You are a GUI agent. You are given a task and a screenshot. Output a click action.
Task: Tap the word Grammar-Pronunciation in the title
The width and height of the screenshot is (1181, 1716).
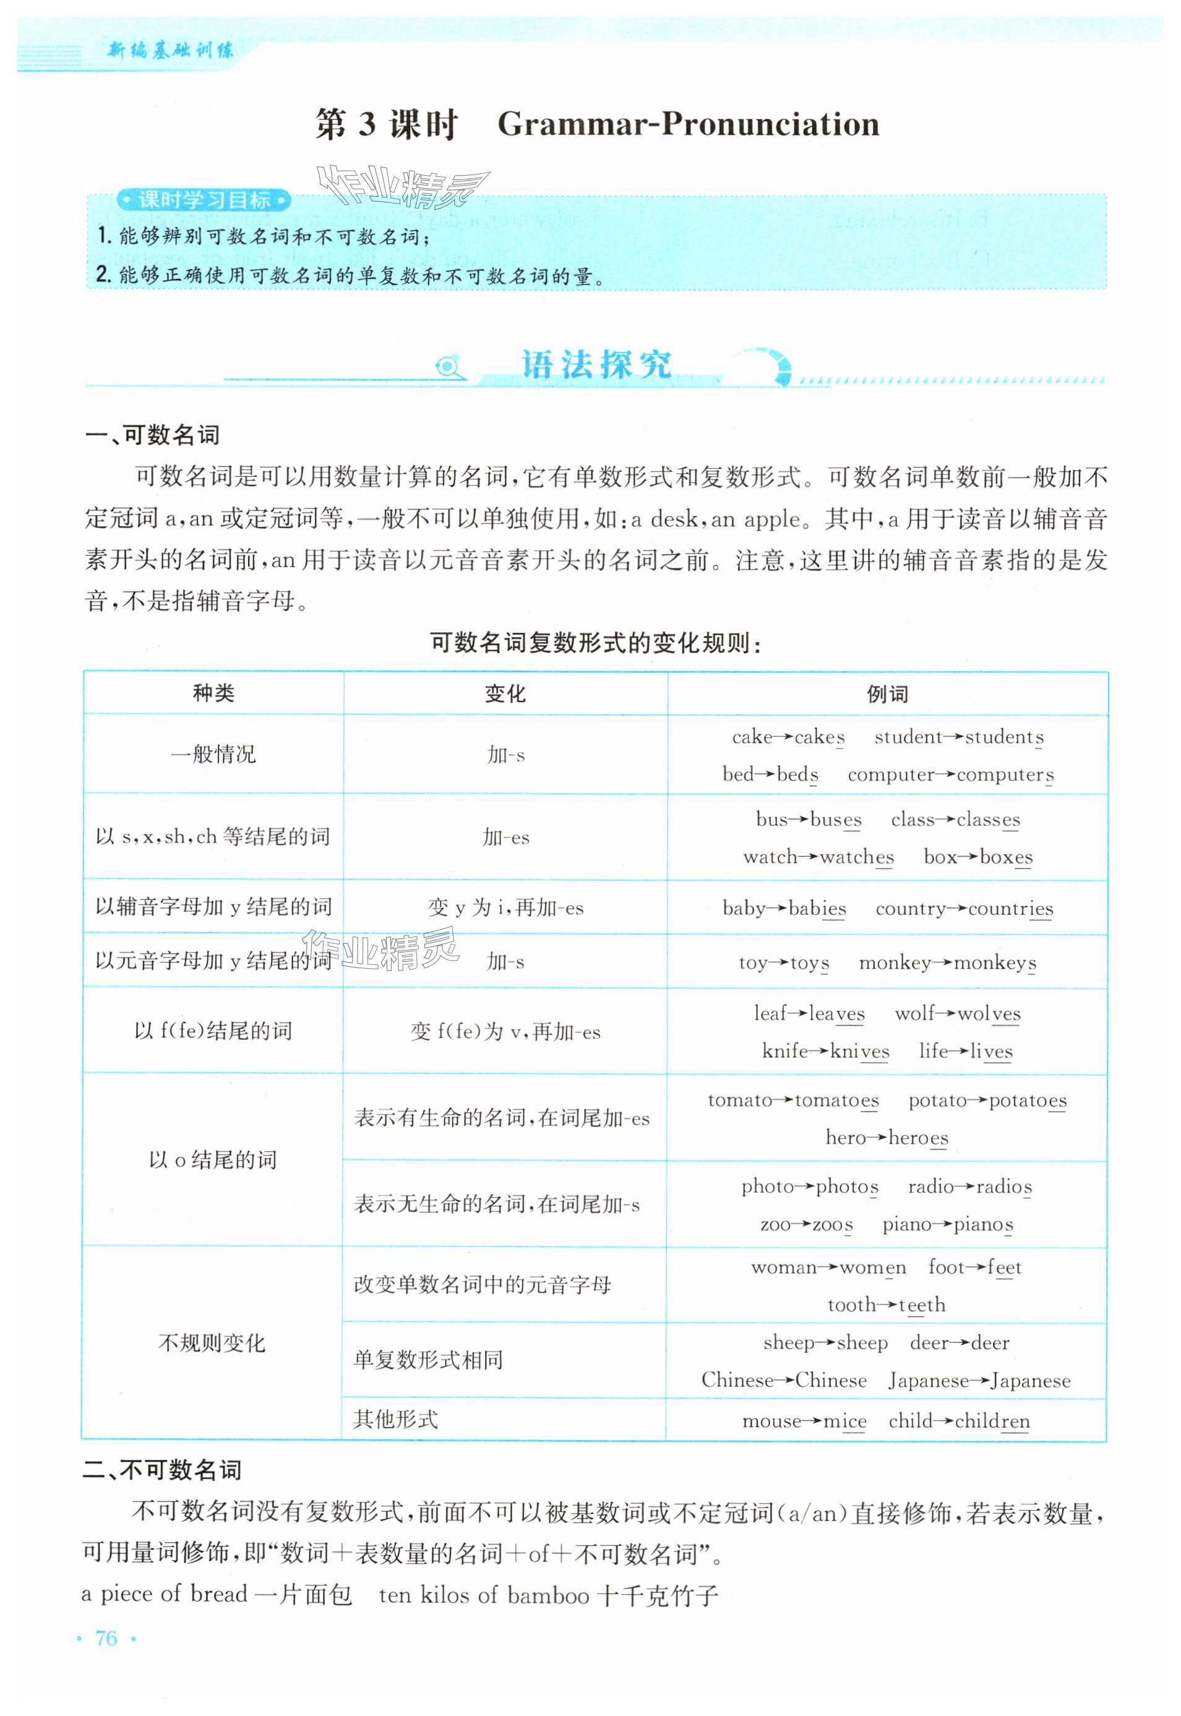pyautogui.click(x=688, y=124)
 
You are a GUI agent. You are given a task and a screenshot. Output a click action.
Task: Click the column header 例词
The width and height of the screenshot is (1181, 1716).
pyautogui.click(x=887, y=694)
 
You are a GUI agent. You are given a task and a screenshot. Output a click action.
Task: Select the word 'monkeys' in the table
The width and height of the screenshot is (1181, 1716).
pyautogui.click(x=995, y=963)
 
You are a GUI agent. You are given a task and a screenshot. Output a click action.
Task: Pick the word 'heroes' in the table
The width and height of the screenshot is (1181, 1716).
pyautogui.click(x=917, y=1138)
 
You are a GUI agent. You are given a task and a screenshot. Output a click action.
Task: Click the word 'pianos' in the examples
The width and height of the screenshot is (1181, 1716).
pyautogui.click(x=984, y=1225)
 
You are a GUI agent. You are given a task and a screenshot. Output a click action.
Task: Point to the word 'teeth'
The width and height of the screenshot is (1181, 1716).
pyautogui.click(x=922, y=1305)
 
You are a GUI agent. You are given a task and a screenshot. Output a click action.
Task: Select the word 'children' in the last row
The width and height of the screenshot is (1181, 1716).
pyautogui.click(x=992, y=1421)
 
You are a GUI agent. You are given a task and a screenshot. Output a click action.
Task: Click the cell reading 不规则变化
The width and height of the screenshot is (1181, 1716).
pyautogui.click(x=212, y=1343)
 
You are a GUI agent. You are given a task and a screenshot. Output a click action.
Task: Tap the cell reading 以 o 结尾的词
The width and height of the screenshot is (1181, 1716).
pyautogui.click(x=213, y=1159)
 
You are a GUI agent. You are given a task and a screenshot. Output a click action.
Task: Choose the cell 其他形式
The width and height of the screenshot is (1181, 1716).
pyautogui.click(x=396, y=1419)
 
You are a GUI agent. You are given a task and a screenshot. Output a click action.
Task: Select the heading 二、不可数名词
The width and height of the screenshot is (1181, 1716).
pyautogui.click(x=162, y=1470)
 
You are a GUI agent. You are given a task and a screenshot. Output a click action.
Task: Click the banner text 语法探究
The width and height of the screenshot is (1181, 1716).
pyautogui.click(x=596, y=365)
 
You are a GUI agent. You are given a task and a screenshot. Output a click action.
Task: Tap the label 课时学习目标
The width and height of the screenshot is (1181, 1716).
pyautogui.click(x=204, y=200)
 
